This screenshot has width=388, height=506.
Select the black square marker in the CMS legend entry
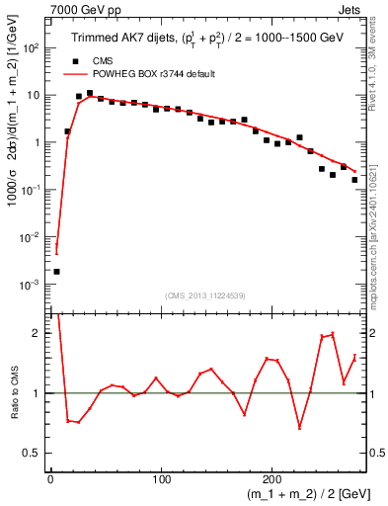click(x=75, y=60)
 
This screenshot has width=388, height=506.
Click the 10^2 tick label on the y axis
click(x=32, y=47)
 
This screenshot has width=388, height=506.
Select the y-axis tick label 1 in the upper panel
click(x=37, y=142)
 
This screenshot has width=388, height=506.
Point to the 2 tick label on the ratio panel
click(x=37, y=333)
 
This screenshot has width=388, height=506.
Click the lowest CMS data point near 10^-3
click(x=56, y=271)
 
